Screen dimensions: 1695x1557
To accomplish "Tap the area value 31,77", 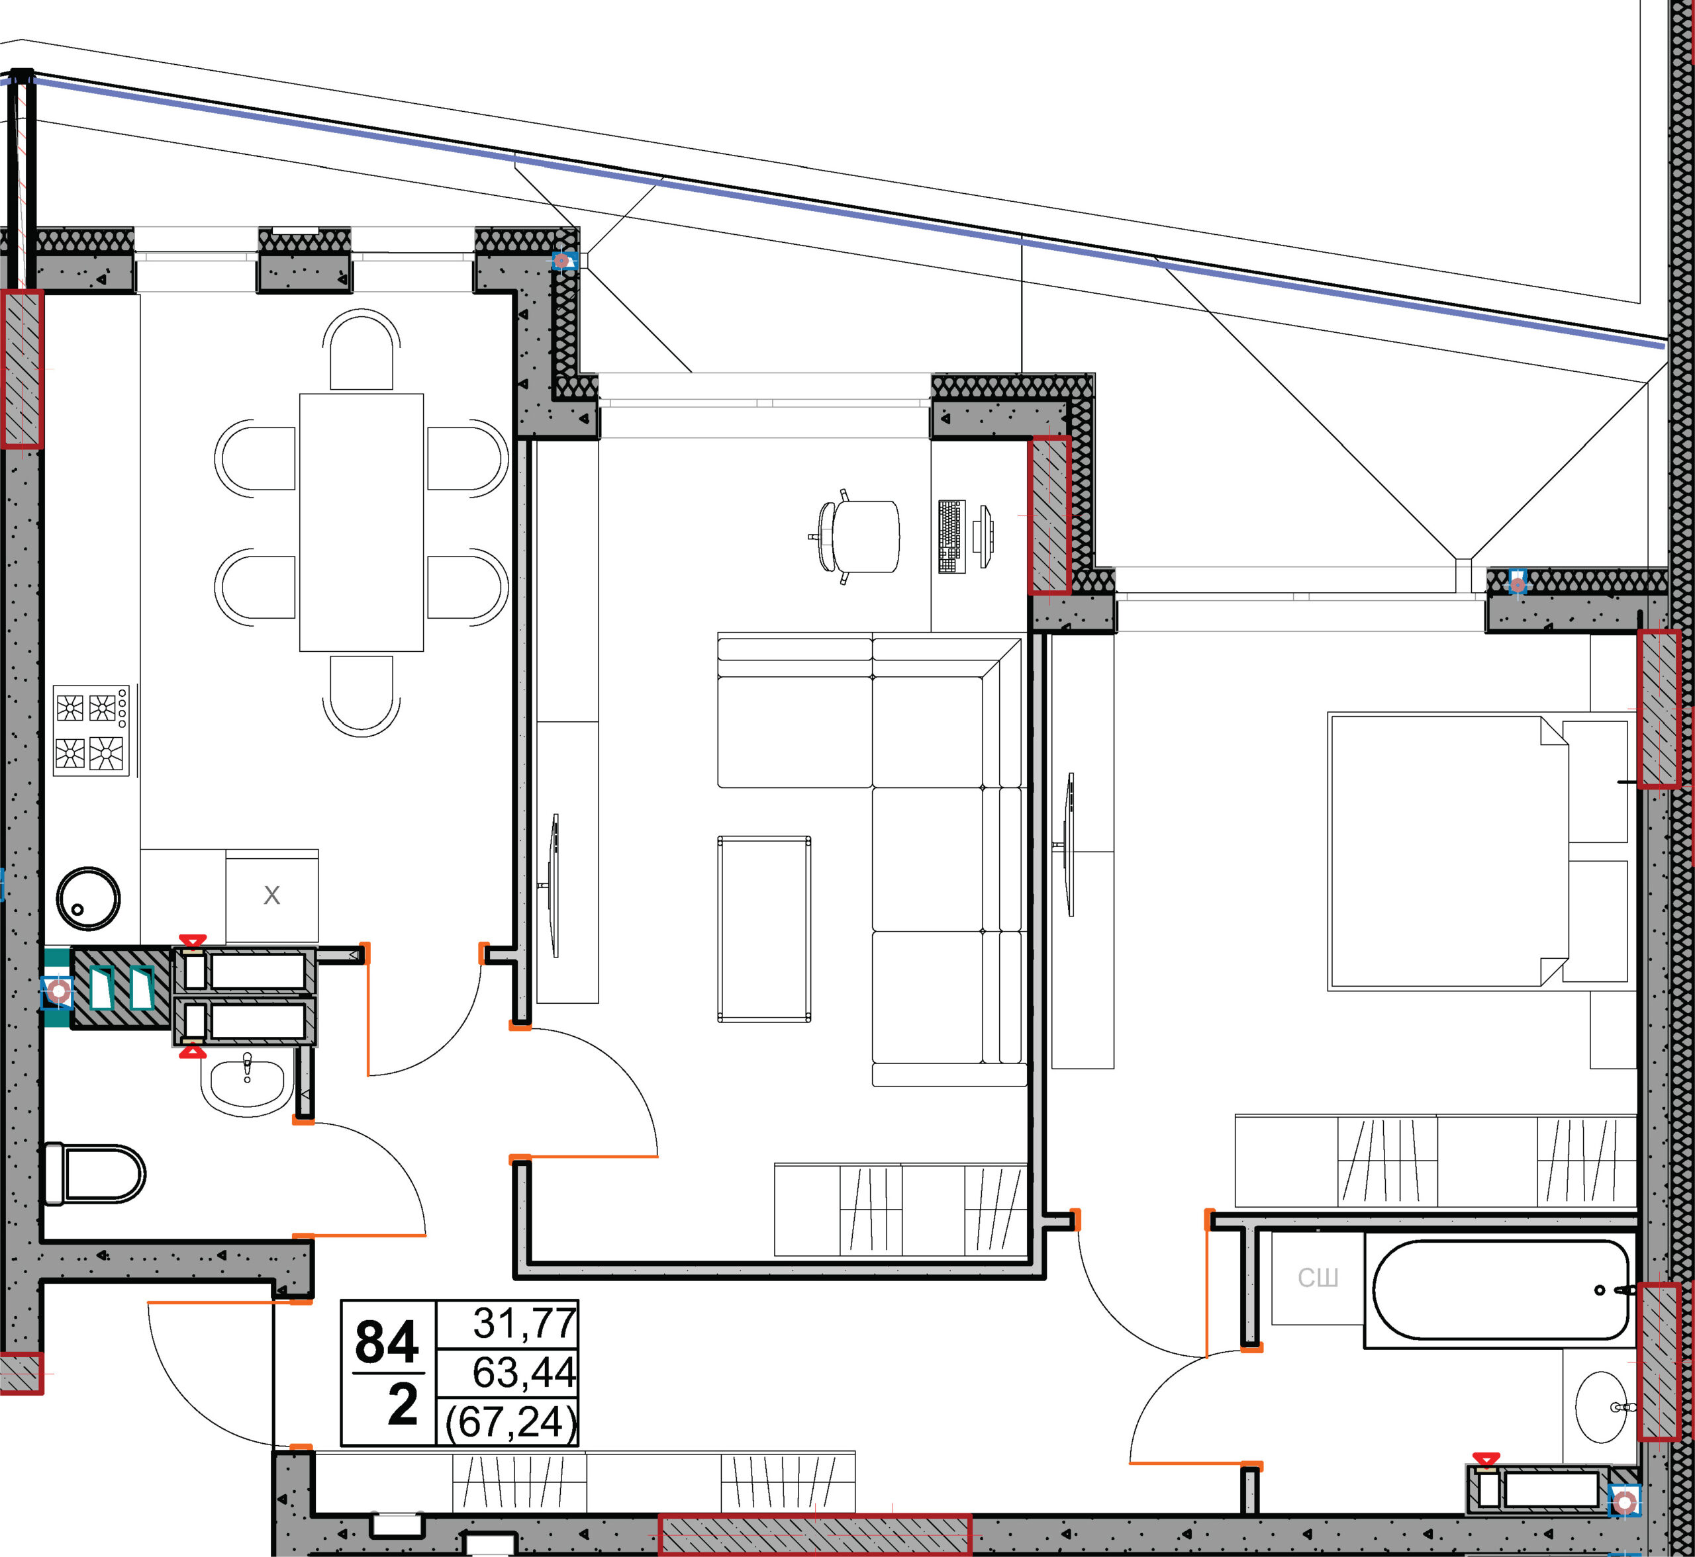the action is coord(525,1323).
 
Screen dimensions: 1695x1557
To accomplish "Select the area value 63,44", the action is coord(524,1372).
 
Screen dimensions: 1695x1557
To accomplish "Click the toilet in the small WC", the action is coord(93,1174).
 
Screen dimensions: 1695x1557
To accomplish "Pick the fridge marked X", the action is coord(271,895).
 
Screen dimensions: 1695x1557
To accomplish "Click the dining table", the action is coord(362,522).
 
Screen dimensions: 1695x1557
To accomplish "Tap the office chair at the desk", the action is coord(855,536).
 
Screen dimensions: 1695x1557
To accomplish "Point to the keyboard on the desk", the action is coord(951,537).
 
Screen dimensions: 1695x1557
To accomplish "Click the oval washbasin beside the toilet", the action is coord(247,1085).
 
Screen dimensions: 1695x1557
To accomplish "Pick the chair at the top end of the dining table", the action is coord(362,349).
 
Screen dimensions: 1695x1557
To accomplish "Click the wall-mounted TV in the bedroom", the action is coord(1069,844).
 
